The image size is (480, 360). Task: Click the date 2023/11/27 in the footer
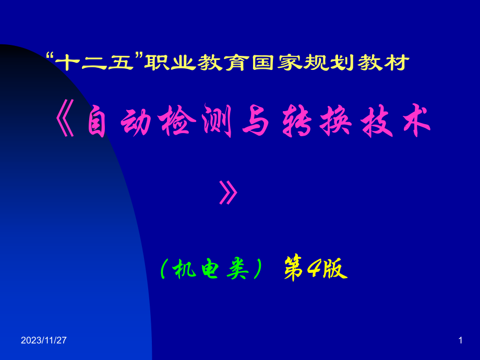point(43,340)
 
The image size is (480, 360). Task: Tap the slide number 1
point(460,340)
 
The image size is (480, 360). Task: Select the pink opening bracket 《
point(65,121)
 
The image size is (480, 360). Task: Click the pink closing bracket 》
point(229,192)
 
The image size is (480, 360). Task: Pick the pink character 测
point(217,121)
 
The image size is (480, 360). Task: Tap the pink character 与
point(255,121)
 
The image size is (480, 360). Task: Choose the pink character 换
point(335,121)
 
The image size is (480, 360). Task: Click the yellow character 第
point(294,269)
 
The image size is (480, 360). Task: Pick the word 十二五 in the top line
point(94,63)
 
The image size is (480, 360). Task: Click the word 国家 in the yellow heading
point(278,63)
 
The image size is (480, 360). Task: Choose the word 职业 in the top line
point(170,63)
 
